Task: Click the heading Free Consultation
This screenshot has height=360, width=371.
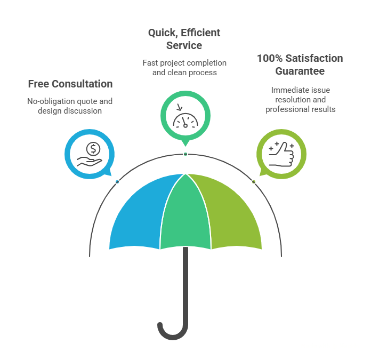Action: tap(70, 84)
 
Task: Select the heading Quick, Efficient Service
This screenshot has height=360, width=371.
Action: tap(184, 39)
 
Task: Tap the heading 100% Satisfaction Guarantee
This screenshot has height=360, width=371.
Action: tap(299, 64)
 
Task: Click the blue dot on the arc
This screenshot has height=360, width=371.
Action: tap(117, 182)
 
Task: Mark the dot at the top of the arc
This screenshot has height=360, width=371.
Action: tap(185, 154)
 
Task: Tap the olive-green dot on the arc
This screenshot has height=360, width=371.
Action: tap(253, 182)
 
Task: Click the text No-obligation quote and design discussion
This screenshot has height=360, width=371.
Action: tap(70, 106)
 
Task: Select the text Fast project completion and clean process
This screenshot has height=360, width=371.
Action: tap(184, 67)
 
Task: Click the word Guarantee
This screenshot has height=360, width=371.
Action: tap(300, 70)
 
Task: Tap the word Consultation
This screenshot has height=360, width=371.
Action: tap(85, 84)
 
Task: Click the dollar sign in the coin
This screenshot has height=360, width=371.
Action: tap(93, 148)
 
